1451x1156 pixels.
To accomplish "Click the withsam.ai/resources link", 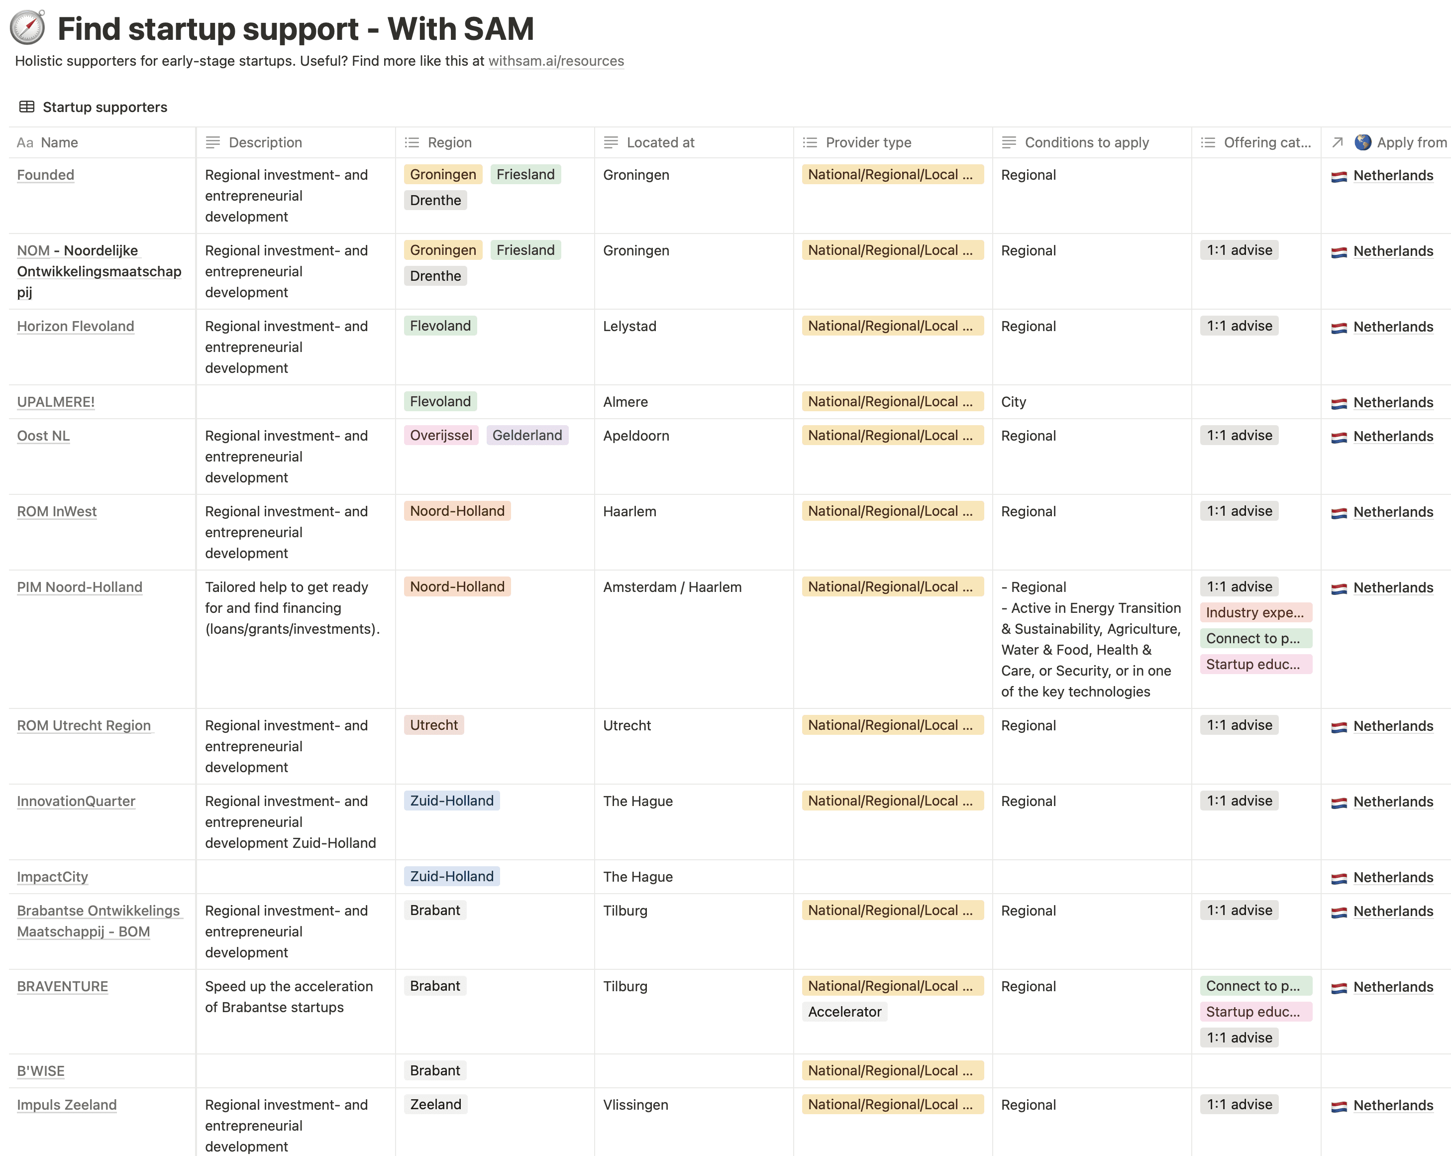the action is click(x=556, y=61).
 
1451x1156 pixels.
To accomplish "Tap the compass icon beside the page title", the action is click(x=27, y=27).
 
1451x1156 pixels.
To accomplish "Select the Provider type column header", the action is click(x=868, y=143).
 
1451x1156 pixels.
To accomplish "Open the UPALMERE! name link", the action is click(x=56, y=402).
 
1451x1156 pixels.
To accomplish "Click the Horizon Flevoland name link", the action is click(x=75, y=327).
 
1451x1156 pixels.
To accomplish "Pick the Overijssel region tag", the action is click(x=441, y=436).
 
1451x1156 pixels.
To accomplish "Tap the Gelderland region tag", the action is click(x=527, y=436).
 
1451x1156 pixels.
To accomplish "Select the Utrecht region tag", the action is click(x=434, y=725).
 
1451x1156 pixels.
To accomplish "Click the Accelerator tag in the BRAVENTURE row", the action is click(x=844, y=1012).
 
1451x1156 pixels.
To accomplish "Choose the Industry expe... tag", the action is click(x=1255, y=613).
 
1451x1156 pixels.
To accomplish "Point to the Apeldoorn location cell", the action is click(x=636, y=436).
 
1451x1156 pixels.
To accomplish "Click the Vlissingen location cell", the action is click(x=635, y=1105).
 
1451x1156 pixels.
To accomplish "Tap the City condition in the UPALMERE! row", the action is click(x=1014, y=402).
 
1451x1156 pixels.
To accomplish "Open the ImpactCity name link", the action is click(x=52, y=877).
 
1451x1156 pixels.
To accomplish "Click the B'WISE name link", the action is click(x=40, y=1071).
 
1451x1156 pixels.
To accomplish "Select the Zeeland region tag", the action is click(x=435, y=1105).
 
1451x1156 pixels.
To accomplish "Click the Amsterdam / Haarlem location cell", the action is click(x=672, y=587).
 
